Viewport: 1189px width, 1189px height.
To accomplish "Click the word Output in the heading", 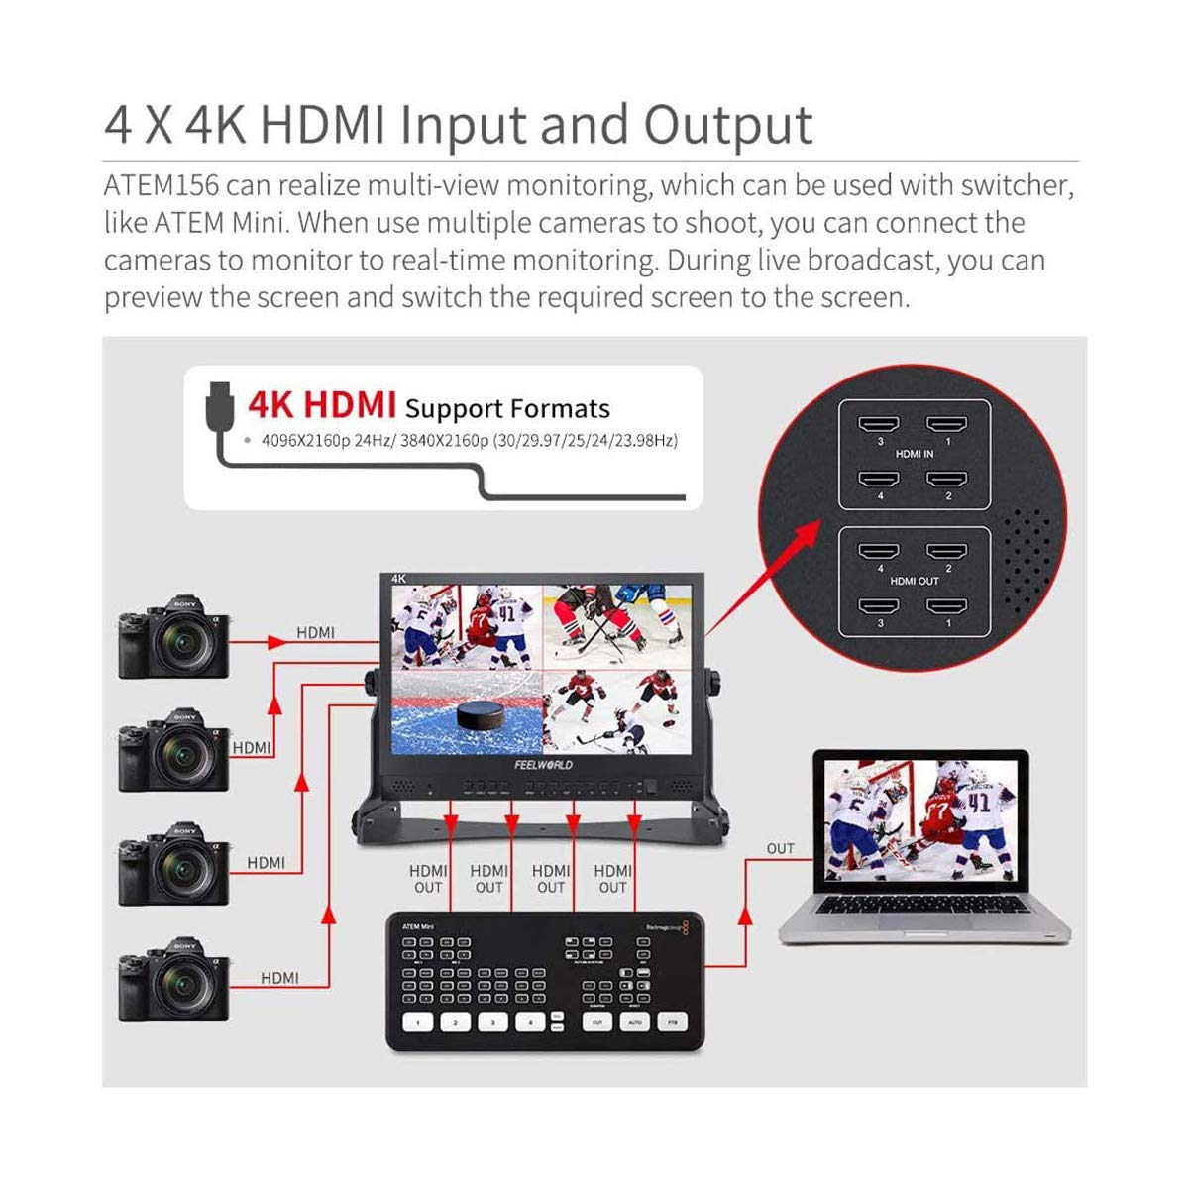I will pos(728,127).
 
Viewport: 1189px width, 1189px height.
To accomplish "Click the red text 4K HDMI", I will pos(322,404).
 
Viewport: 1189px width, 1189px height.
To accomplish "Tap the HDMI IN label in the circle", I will pos(914,454).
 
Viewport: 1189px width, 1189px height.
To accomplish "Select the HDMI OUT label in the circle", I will pos(914,581).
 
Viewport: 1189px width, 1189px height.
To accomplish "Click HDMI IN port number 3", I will pos(879,424).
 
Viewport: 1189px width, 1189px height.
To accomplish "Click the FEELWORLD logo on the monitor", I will pos(543,765).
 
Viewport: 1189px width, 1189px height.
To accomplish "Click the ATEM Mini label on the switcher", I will pos(417,926).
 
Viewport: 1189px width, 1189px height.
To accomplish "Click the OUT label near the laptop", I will pos(780,848).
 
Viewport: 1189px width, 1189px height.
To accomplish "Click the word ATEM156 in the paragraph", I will pos(161,186).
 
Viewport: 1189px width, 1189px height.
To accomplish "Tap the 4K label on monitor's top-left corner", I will pos(399,579).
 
